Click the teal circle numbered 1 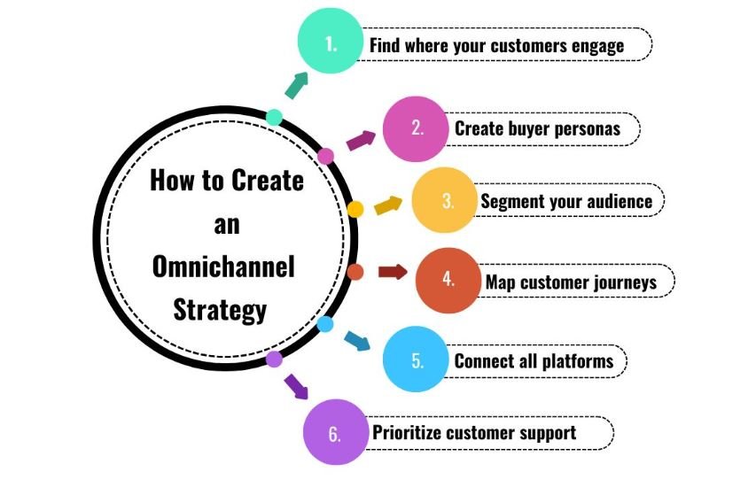[330, 43]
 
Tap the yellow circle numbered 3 [446, 201]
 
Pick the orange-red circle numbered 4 [448, 281]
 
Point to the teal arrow [296, 84]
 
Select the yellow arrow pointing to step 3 [387, 205]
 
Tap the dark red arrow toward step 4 [393, 271]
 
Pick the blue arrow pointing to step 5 [357, 341]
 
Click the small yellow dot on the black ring [355, 209]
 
